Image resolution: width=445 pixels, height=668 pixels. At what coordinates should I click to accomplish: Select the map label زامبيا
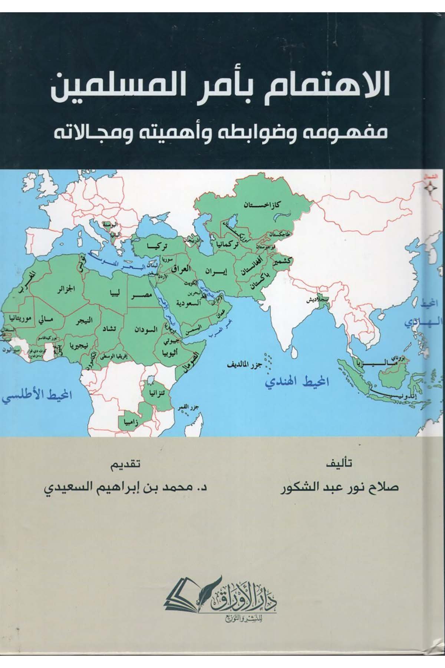click(x=132, y=422)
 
